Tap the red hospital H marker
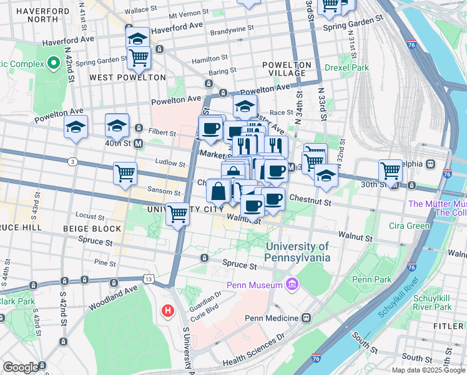[167, 310]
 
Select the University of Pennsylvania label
[297, 252]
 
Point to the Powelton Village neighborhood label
[287, 69]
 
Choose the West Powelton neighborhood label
[127, 77]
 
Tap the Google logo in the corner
[21, 367]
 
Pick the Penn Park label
[370, 279]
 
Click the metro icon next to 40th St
[139, 143]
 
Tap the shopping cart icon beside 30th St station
[390, 169]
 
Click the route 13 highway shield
[148, 276]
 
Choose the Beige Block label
[92, 229]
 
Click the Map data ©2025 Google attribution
[428, 370]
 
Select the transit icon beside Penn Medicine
[306, 317]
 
